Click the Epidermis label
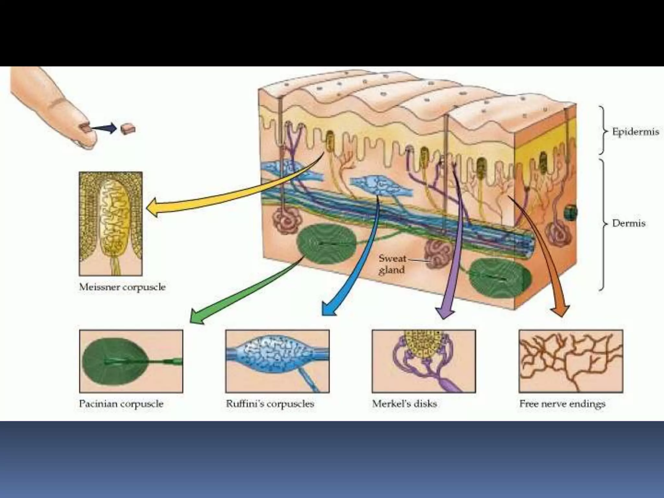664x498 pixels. tap(635, 132)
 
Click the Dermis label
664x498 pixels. tap(628, 223)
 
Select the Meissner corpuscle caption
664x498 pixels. tap(122, 287)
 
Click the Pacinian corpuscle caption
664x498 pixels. tap(121, 404)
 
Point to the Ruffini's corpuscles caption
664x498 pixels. tap(270, 404)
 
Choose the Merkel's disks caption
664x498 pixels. tap(404, 404)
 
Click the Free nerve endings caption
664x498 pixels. tap(562, 404)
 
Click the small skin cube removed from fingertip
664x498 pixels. tap(128, 129)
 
